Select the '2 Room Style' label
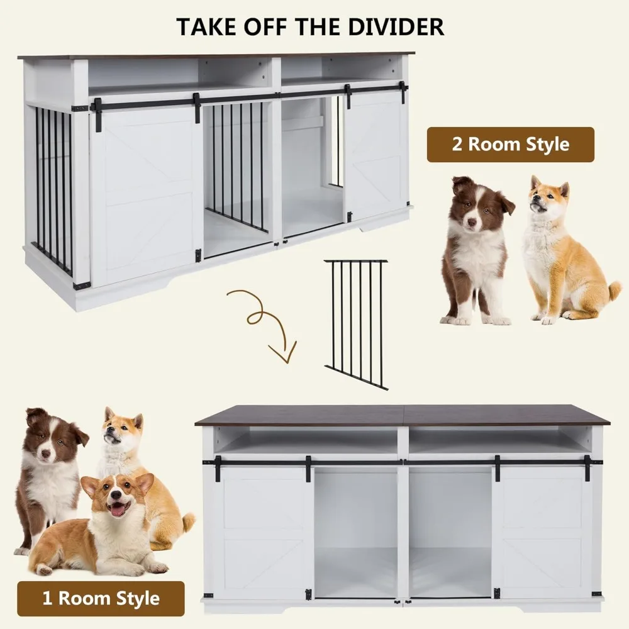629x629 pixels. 510,145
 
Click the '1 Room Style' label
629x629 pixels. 101,598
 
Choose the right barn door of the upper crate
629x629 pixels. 376,160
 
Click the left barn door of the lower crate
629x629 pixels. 263,532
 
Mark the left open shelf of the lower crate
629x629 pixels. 307,441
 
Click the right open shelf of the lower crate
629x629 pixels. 498,441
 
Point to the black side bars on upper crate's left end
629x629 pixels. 53,189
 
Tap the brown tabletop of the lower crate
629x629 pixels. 403,415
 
